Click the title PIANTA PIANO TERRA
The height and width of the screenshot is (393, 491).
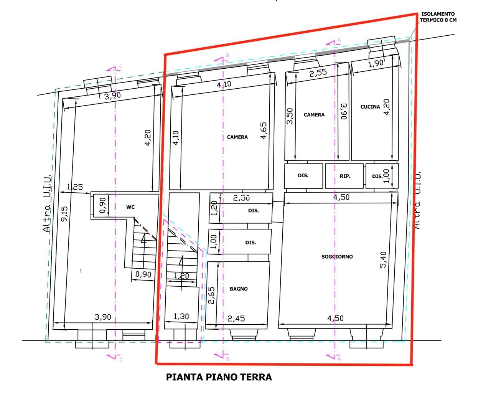(219, 377)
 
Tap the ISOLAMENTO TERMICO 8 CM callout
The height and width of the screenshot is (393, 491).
(438, 17)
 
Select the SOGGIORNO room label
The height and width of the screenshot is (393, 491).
(337, 257)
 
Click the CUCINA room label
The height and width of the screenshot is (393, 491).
(370, 107)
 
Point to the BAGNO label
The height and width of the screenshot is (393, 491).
(239, 289)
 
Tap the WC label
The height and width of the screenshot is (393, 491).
(130, 207)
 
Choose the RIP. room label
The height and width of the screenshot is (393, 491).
(345, 176)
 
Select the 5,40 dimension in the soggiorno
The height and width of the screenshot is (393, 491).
(383, 259)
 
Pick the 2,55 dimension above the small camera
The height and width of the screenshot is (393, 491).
(318, 73)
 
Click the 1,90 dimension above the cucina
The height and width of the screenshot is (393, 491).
(376, 63)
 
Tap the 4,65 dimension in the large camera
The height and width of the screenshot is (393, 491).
(263, 130)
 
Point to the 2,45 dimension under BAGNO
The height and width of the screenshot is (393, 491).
(236, 319)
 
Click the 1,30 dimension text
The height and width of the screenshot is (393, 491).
(181, 316)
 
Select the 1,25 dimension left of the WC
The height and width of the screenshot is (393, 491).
(75, 187)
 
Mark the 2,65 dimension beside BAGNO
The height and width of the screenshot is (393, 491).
(211, 295)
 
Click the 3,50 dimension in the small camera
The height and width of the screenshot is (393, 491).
(290, 116)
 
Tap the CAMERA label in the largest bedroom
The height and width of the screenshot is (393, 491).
(237, 137)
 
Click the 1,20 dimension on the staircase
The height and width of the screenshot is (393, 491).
(181, 276)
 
